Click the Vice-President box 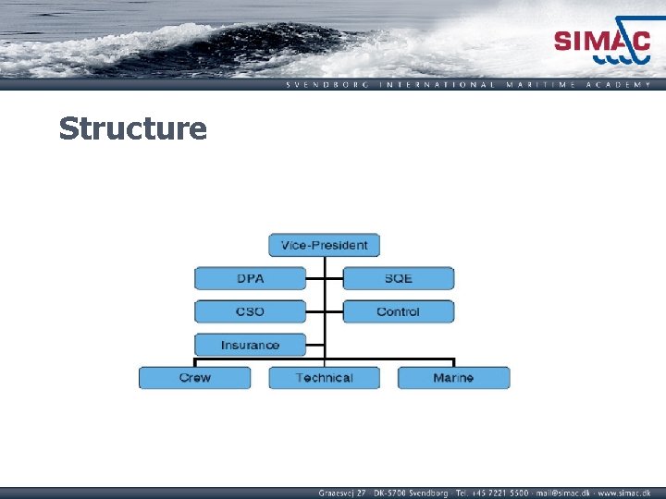[324, 245]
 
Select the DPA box [250, 278]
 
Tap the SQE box [398, 278]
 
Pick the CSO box [250, 311]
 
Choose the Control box [398, 311]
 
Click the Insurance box [250, 345]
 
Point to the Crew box [194, 378]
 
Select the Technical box [324, 378]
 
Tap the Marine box [453, 378]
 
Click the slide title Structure [132, 128]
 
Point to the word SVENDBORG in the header [327, 84]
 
